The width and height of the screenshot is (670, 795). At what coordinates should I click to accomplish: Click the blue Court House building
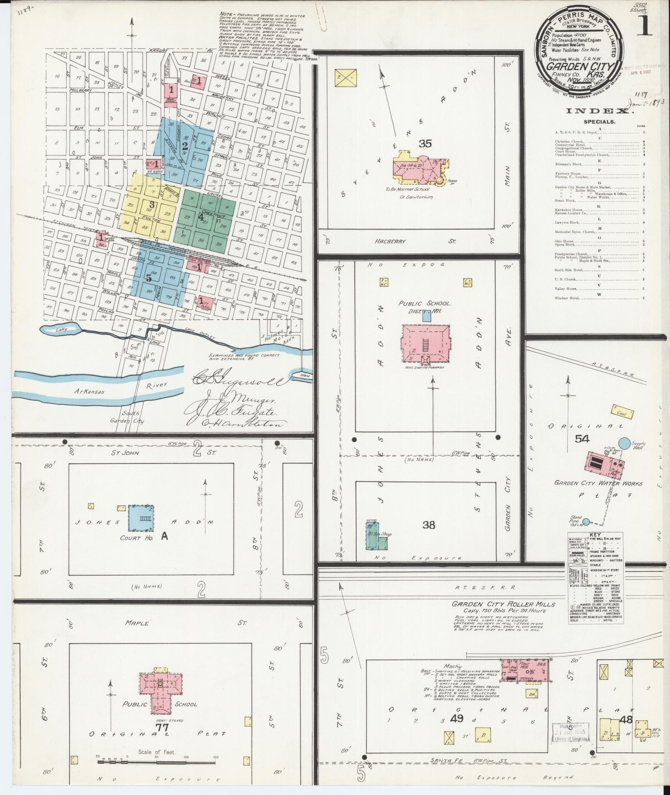pos(140,518)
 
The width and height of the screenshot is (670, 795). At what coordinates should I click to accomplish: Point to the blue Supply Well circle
pos(623,443)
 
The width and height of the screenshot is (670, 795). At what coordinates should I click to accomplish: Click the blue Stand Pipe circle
pos(586,521)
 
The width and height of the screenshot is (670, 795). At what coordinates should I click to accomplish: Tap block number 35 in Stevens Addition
pos(425,144)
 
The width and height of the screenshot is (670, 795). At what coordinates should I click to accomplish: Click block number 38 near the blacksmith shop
pos(429,525)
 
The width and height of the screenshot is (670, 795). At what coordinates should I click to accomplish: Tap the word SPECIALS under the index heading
pos(599,122)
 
